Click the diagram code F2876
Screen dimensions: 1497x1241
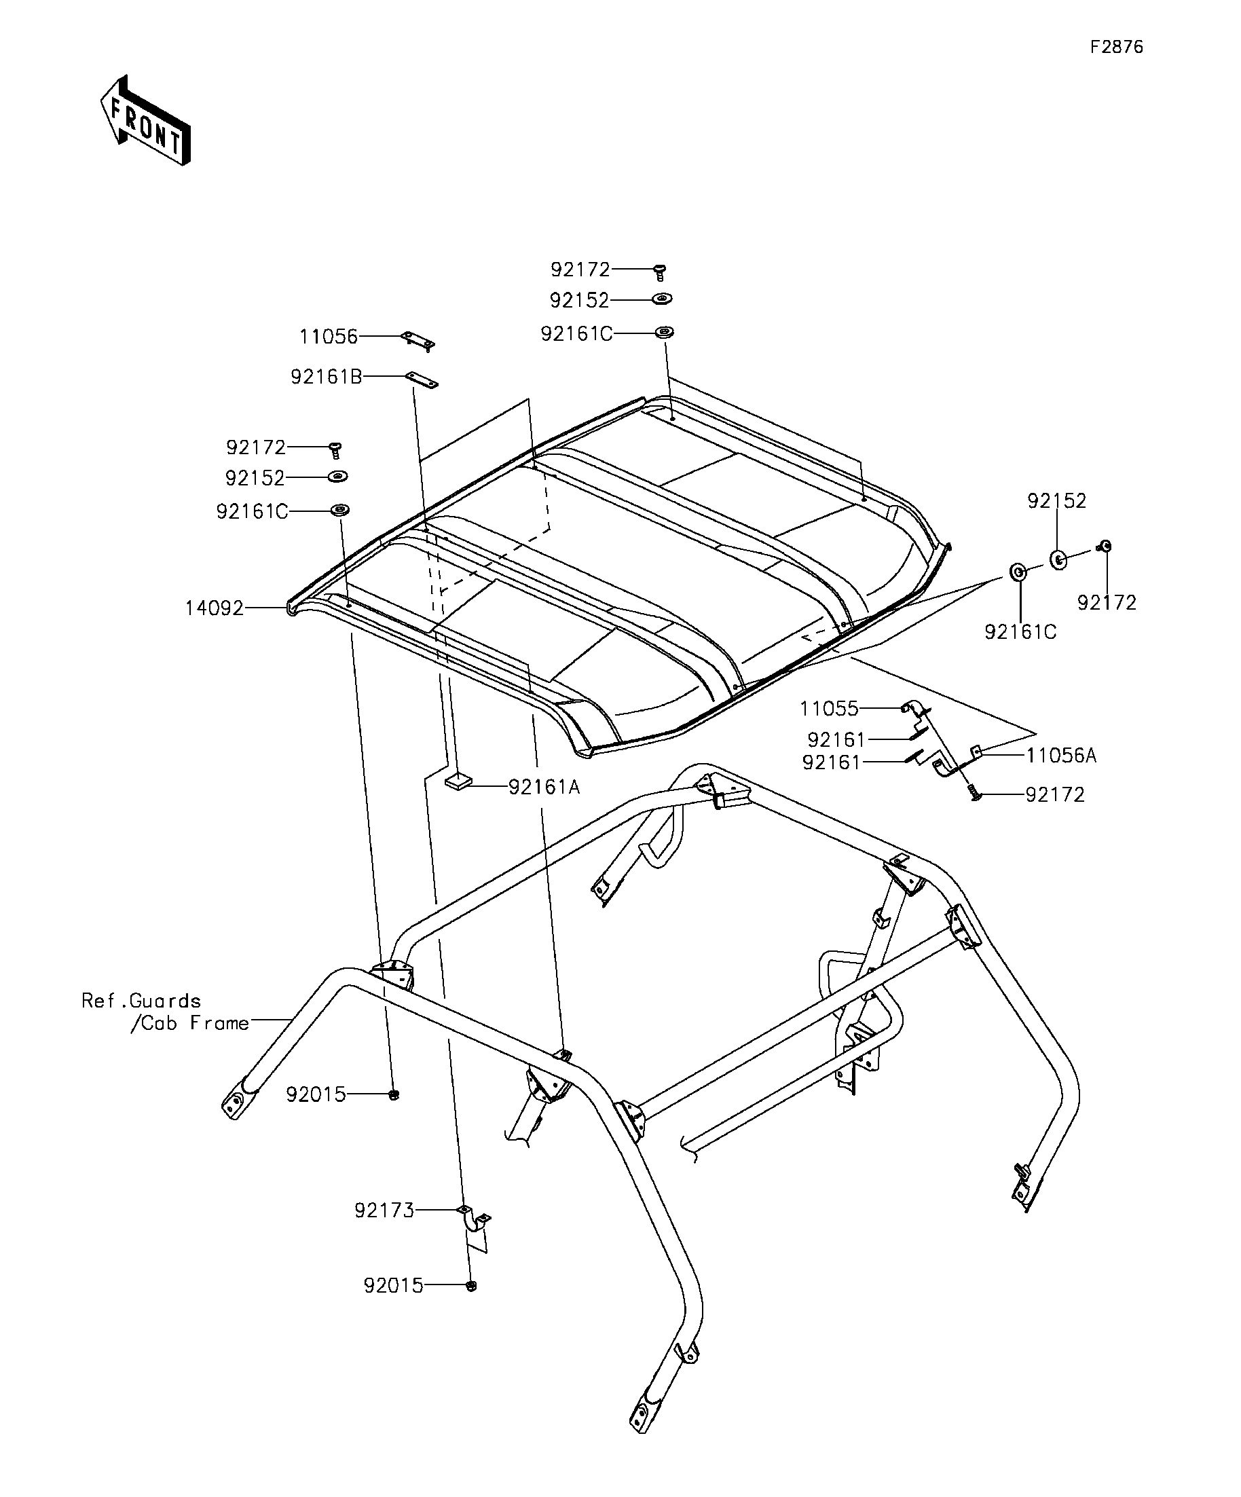(1116, 47)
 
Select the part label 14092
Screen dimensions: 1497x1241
(214, 608)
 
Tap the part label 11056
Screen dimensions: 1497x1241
(328, 337)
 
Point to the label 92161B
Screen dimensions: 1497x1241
(326, 376)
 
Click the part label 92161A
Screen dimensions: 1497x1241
(544, 787)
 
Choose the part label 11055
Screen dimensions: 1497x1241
(829, 709)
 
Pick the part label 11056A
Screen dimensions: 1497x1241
(1060, 756)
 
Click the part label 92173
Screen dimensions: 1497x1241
(384, 1210)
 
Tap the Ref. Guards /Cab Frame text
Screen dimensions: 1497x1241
(166, 1012)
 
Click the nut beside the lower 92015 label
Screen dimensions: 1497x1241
(471, 1286)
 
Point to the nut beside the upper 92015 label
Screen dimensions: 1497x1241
(394, 1095)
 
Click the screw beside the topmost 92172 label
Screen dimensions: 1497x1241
(660, 272)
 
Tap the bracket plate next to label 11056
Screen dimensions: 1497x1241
(418, 340)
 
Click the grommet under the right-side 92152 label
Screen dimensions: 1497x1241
(1058, 559)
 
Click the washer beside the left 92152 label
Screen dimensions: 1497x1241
(338, 476)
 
